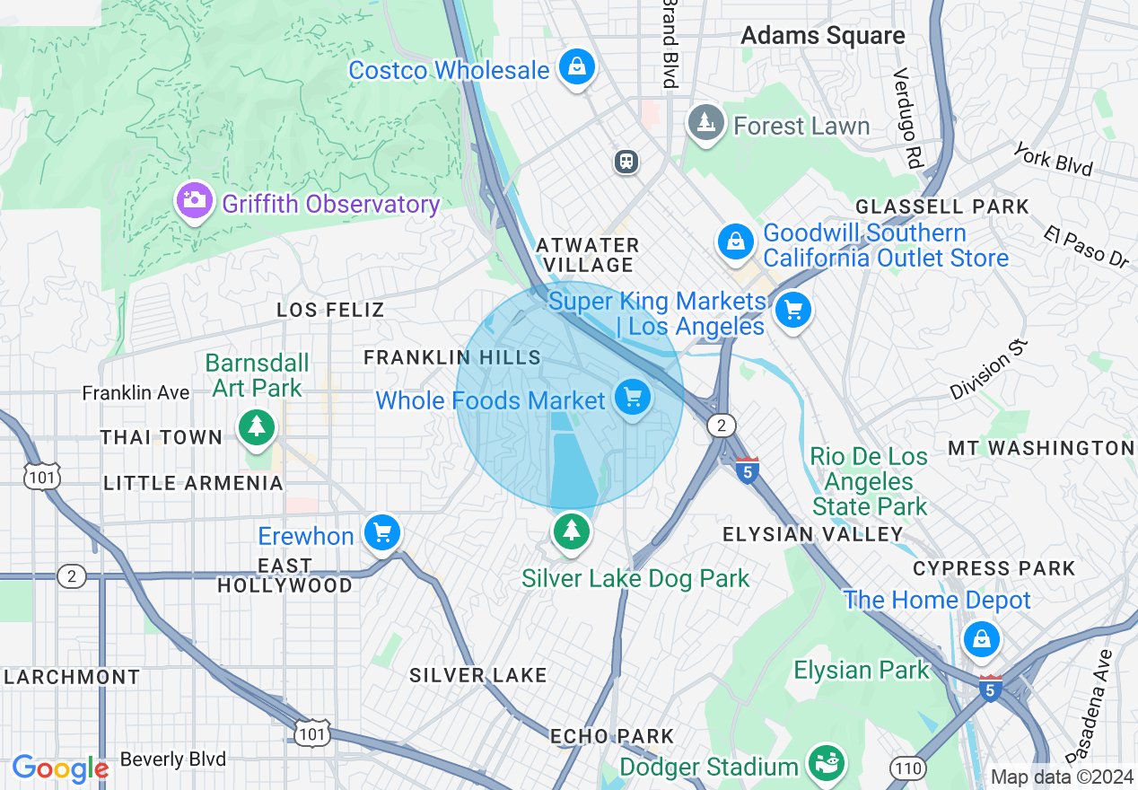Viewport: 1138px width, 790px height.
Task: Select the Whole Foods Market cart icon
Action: pyautogui.click(x=633, y=396)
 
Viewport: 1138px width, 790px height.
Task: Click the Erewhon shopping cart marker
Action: pyautogui.click(x=382, y=532)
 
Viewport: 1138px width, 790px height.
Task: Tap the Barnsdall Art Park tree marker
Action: pyautogui.click(x=258, y=426)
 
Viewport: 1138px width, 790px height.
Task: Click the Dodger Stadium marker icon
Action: pyautogui.click(x=825, y=763)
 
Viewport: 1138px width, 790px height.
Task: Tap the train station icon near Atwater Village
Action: pyautogui.click(x=626, y=161)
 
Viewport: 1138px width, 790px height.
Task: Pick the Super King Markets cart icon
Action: pyautogui.click(x=792, y=311)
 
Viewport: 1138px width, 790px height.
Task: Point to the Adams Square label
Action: pyautogui.click(x=823, y=36)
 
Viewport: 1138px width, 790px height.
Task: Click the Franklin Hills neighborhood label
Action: pyautogui.click(x=452, y=357)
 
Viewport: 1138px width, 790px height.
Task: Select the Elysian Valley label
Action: pyautogui.click(x=813, y=534)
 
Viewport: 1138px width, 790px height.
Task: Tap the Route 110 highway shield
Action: pyautogui.click(x=907, y=768)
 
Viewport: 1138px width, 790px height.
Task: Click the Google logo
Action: pyautogui.click(x=60, y=768)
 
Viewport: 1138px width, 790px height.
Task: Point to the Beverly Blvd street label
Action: pyautogui.click(x=173, y=759)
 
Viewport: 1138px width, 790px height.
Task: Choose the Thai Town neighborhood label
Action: pyautogui.click(x=162, y=437)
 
